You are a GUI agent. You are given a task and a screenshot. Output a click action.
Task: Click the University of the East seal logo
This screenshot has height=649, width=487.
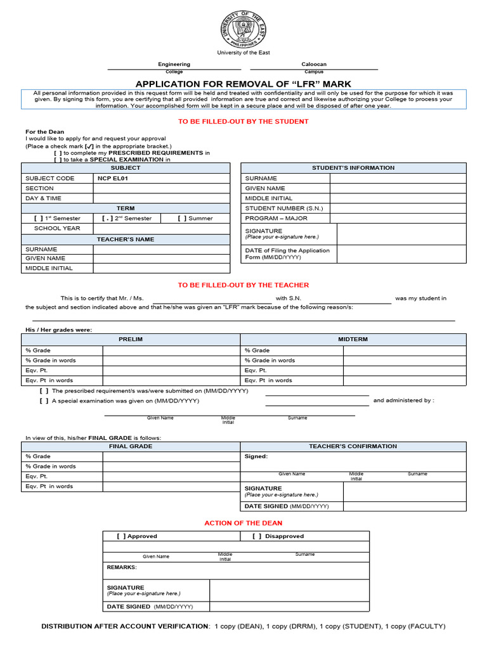[x=243, y=28]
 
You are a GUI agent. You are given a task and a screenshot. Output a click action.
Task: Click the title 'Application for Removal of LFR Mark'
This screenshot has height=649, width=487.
[x=243, y=84]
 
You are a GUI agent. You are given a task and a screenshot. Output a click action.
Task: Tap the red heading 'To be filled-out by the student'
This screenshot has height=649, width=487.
[x=243, y=121]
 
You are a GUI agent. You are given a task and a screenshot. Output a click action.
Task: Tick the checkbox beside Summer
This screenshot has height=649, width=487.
[x=182, y=219]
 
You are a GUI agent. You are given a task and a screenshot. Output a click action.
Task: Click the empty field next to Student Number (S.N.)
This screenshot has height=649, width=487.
[x=398, y=208]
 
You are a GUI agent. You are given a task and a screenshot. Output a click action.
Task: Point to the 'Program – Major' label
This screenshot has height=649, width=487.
[x=276, y=218]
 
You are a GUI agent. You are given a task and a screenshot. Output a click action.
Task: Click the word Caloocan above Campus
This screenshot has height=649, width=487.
[x=314, y=64]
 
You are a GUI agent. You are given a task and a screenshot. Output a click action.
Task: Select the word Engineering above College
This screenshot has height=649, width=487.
[x=174, y=64]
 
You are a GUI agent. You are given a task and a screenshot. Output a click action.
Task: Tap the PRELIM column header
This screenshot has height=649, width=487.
[x=131, y=339]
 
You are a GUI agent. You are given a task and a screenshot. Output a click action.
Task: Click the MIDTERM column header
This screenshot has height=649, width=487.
[x=353, y=339]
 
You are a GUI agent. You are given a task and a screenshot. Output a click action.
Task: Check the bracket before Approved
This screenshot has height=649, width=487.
[x=121, y=536]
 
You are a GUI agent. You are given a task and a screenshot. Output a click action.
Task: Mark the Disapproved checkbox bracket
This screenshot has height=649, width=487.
[x=257, y=536]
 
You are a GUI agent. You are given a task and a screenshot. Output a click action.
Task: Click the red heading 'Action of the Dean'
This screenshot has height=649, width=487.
[x=243, y=523]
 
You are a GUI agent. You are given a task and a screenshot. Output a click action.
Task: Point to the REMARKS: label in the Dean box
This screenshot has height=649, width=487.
[x=122, y=567]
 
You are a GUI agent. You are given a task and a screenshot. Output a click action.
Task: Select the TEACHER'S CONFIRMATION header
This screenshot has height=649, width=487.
[x=353, y=446]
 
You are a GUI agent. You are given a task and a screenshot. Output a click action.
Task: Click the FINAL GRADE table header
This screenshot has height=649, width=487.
[x=131, y=446]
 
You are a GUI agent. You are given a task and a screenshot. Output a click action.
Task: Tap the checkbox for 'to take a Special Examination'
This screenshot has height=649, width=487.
[x=58, y=160]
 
